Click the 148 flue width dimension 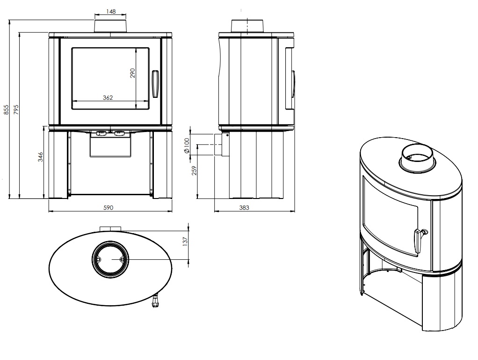111,12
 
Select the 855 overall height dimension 6,110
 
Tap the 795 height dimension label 16,110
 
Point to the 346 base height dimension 40,157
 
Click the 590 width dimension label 108,208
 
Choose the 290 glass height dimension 132,73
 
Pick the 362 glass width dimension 108,98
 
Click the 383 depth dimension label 244,208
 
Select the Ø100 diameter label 186,146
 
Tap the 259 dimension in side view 194,170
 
